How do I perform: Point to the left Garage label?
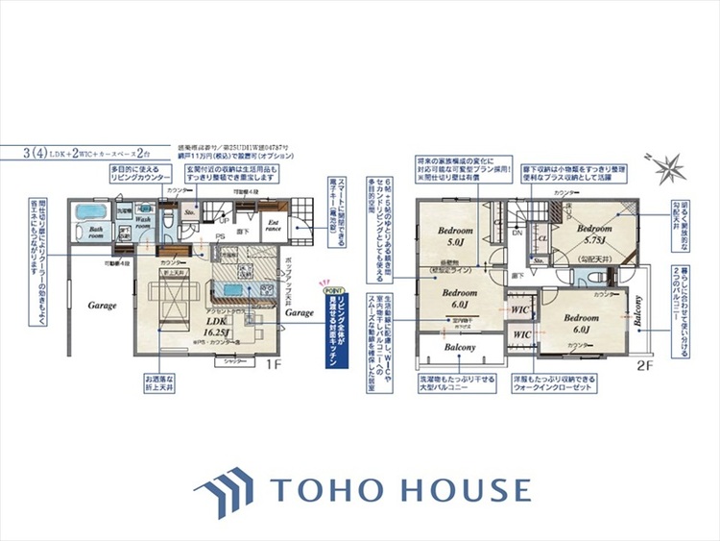point(104,306)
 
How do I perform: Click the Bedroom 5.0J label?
point(455,236)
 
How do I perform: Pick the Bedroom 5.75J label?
point(594,234)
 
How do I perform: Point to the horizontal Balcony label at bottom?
point(460,346)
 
